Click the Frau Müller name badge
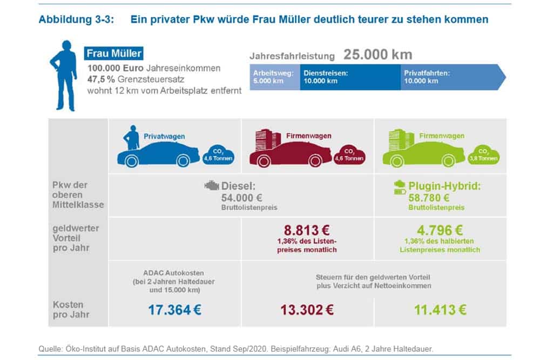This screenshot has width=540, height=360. click(114, 53)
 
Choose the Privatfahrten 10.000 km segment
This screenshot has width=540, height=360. click(448, 77)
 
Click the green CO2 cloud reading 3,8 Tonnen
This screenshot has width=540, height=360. click(484, 155)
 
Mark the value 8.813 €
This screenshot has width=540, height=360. click(307, 229)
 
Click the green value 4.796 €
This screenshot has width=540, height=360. click(440, 229)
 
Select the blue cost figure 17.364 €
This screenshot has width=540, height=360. click(175, 310)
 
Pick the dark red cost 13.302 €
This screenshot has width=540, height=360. click(307, 310)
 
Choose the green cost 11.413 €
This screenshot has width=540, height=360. click(440, 310)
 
